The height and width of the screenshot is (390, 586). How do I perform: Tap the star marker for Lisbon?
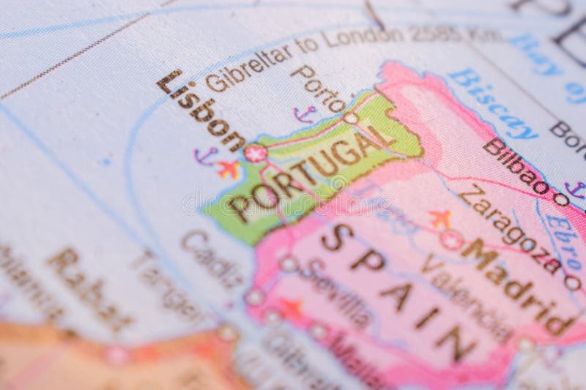click(x=255, y=153)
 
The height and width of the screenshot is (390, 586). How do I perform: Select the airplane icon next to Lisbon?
click(x=229, y=169)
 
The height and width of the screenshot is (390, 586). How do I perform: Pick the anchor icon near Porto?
click(x=305, y=114)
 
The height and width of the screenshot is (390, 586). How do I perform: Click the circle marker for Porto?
click(x=351, y=118)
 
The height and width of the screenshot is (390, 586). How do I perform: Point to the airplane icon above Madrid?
click(x=440, y=218)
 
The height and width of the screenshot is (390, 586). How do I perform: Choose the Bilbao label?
click(x=516, y=165)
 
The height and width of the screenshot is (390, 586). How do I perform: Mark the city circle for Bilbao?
click(x=561, y=198)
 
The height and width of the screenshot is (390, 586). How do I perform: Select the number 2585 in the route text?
click(x=435, y=33)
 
